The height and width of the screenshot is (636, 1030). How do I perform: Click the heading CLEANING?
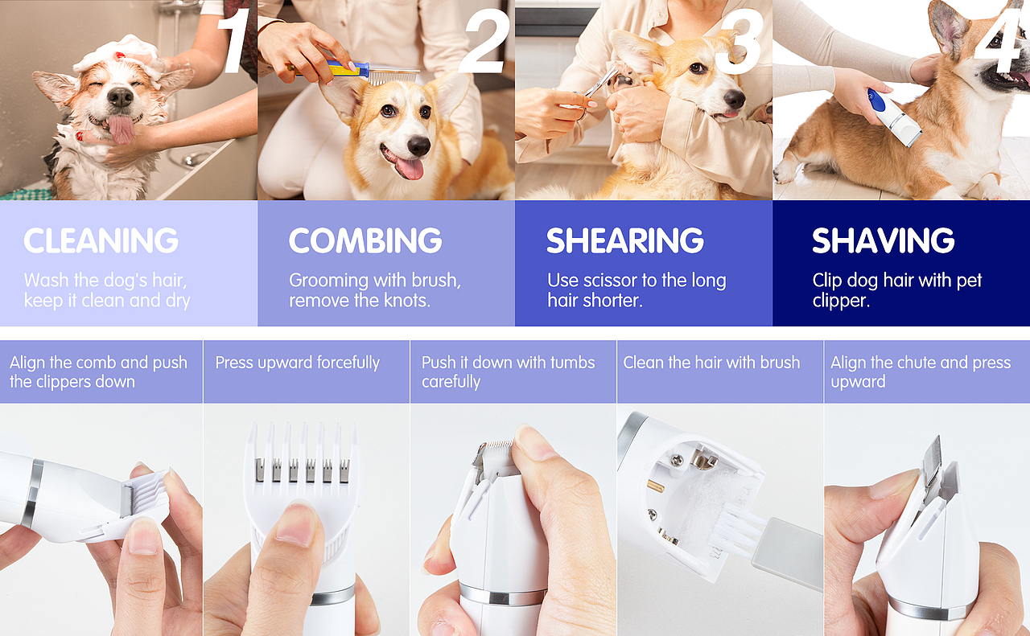101,240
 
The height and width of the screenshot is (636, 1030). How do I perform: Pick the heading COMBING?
365,240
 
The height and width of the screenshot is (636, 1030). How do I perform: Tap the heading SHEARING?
625,240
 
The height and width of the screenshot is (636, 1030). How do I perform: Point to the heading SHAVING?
883,240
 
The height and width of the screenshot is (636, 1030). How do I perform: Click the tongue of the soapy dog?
122,129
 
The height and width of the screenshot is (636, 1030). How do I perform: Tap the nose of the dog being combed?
418,146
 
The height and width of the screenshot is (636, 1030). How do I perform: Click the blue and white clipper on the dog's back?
894,117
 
